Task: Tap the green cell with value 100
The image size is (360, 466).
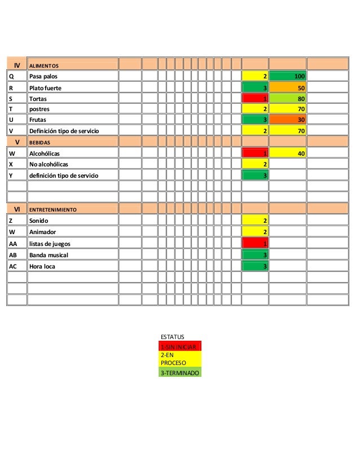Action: tap(288, 76)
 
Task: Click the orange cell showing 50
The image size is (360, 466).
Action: tap(288, 88)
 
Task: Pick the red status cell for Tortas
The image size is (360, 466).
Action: tap(255, 99)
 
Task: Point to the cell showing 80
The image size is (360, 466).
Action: tap(288, 99)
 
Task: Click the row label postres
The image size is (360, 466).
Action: tap(39, 109)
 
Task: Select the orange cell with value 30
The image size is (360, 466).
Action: tap(288, 120)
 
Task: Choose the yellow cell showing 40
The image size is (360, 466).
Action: tap(288, 153)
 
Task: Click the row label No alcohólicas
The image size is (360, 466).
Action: tap(49, 164)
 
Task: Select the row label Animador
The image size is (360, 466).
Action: tap(43, 232)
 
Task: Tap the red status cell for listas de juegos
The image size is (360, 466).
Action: tap(255, 243)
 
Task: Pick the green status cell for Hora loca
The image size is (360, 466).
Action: tap(255, 266)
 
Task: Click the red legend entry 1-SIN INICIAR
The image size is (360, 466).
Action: tap(180, 346)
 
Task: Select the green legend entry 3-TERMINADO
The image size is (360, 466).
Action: tap(180, 373)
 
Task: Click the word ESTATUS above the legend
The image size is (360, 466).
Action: tap(173, 336)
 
